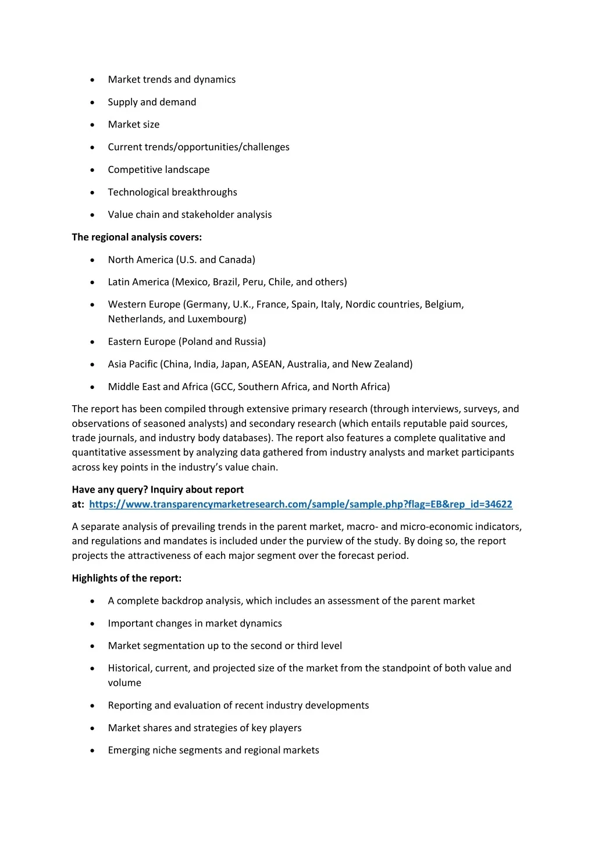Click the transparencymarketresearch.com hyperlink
[x=300, y=504]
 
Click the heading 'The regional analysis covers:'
[x=137, y=237]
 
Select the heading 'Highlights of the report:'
[x=126, y=578]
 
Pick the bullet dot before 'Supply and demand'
[x=92, y=102]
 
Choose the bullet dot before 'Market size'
[x=92, y=125]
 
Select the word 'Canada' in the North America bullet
[x=237, y=260]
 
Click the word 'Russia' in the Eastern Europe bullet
[x=250, y=342]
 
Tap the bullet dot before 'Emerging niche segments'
[x=92, y=750]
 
